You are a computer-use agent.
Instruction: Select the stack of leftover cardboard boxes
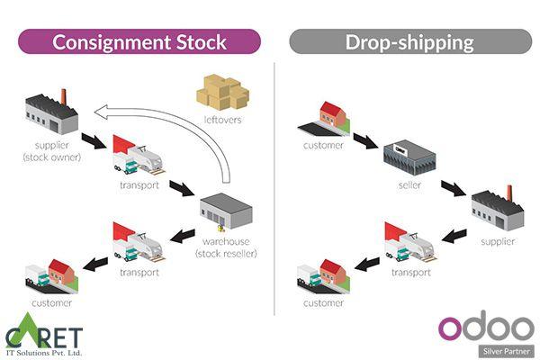tap(222, 94)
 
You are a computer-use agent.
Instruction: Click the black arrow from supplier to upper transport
tap(92, 140)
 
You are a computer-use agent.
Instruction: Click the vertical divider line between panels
tap(274, 180)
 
